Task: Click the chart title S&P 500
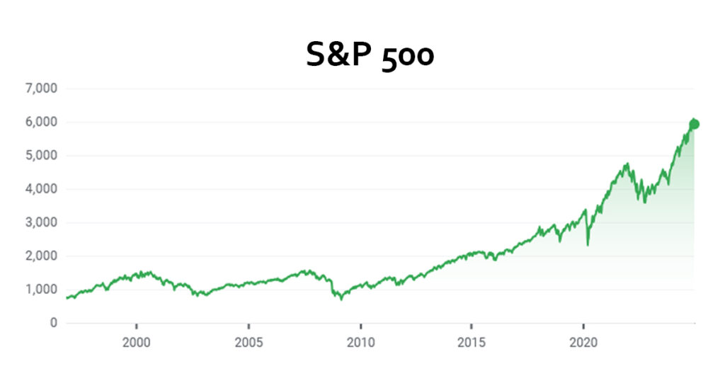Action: point(369,55)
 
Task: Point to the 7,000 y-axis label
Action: point(41,89)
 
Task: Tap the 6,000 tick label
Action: point(41,122)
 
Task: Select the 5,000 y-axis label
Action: point(41,156)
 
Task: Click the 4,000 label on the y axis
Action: point(41,189)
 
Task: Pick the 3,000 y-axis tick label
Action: point(41,222)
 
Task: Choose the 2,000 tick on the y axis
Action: point(41,256)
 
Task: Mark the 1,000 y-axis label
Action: point(41,290)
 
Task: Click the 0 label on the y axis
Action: point(53,323)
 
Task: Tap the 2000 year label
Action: point(136,342)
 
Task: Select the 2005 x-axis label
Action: point(248,342)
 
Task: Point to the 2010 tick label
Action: point(360,342)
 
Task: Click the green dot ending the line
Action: point(694,124)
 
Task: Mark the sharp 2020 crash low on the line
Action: point(588,245)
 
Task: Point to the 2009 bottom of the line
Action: point(341,300)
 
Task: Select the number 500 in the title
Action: point(407,55)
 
